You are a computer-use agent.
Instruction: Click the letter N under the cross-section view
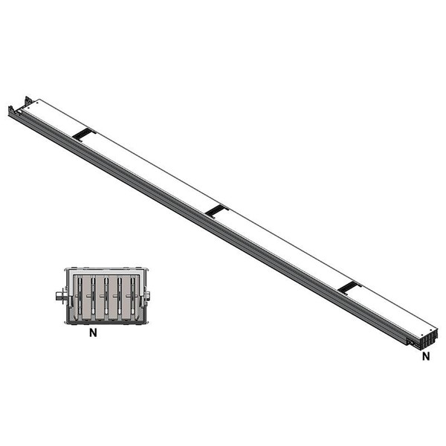[x=93, y=334]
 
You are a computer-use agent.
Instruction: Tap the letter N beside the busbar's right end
[x=426, y=356]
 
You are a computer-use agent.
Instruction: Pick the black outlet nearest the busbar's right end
[x=349, y=288]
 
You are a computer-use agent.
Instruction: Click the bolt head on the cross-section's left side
[x=59, y=297]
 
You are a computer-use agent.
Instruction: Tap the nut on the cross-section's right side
[x=147, y=297]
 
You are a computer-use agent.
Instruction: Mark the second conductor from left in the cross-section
[x=93, y=297]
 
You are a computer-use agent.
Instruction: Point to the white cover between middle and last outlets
[x=282, y=250]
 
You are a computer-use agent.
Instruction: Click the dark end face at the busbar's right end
[x=425, y=343]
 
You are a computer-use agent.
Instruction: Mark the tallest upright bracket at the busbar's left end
[x=28, y=102]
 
